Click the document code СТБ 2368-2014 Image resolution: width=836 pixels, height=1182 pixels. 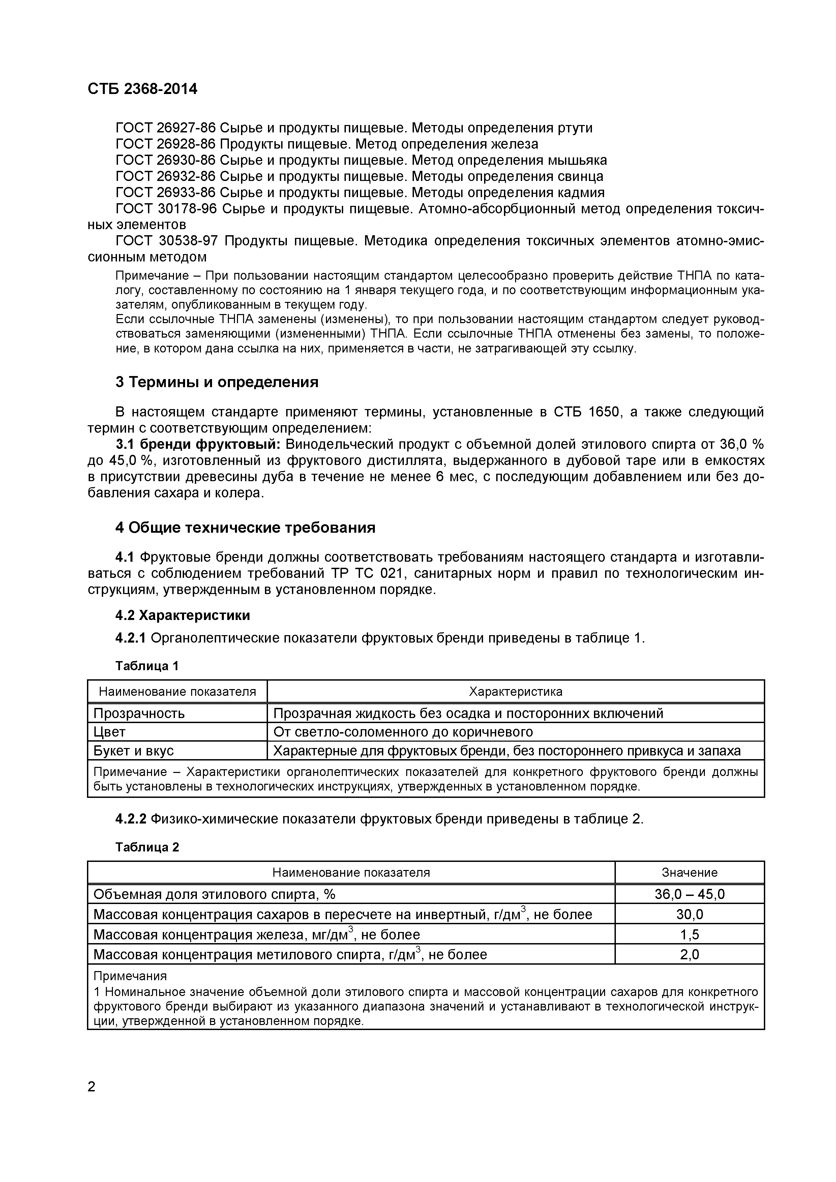[x=142, y=89]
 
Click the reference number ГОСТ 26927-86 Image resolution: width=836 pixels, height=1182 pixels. [x=165, y=128]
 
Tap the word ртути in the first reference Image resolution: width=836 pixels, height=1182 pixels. [x=575, y=128]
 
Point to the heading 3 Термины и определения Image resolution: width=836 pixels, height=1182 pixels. [x=217, y=382]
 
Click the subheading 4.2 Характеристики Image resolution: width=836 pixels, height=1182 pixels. [x=183, y=615]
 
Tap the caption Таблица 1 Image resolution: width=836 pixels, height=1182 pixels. [x=147, y=666]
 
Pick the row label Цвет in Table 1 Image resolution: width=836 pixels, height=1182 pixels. [x=109, y=732]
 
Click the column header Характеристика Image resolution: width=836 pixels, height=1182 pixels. [x=515, y=691]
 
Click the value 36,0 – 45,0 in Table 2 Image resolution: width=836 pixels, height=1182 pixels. [x=689, y=894]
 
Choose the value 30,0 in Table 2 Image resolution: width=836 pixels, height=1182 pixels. [x=689, y=914]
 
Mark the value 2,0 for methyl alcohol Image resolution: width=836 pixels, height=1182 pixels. [x=689, y=955]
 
